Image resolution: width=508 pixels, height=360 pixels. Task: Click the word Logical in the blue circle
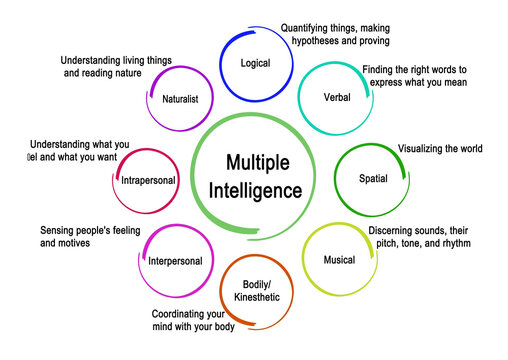256,64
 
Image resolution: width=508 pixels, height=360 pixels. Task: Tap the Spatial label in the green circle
373,178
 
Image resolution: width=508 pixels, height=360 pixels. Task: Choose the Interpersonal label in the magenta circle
175,261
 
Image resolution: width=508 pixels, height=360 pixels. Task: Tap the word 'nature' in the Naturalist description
152,73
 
